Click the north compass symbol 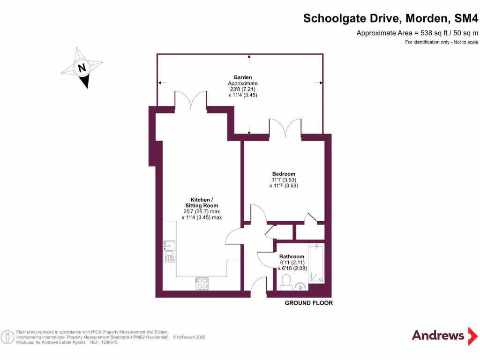coord(82,67)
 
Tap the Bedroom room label coord(284,174)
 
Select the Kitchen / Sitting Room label coord(202,202)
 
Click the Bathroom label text coord(292,256)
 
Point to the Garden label coord(243,77)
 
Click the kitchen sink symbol coord(169,250)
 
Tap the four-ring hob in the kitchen coord(202,283)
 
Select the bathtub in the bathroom coord(316,263)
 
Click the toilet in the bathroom coord(286,283)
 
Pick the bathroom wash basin coord(301,286)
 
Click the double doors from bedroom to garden coord(285,129)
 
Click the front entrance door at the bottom coord(258,287)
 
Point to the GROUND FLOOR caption coord(308,303)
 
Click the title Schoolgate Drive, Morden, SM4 coord(390,18)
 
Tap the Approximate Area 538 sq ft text coord(417,33)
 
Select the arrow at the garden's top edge coord(249,58)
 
